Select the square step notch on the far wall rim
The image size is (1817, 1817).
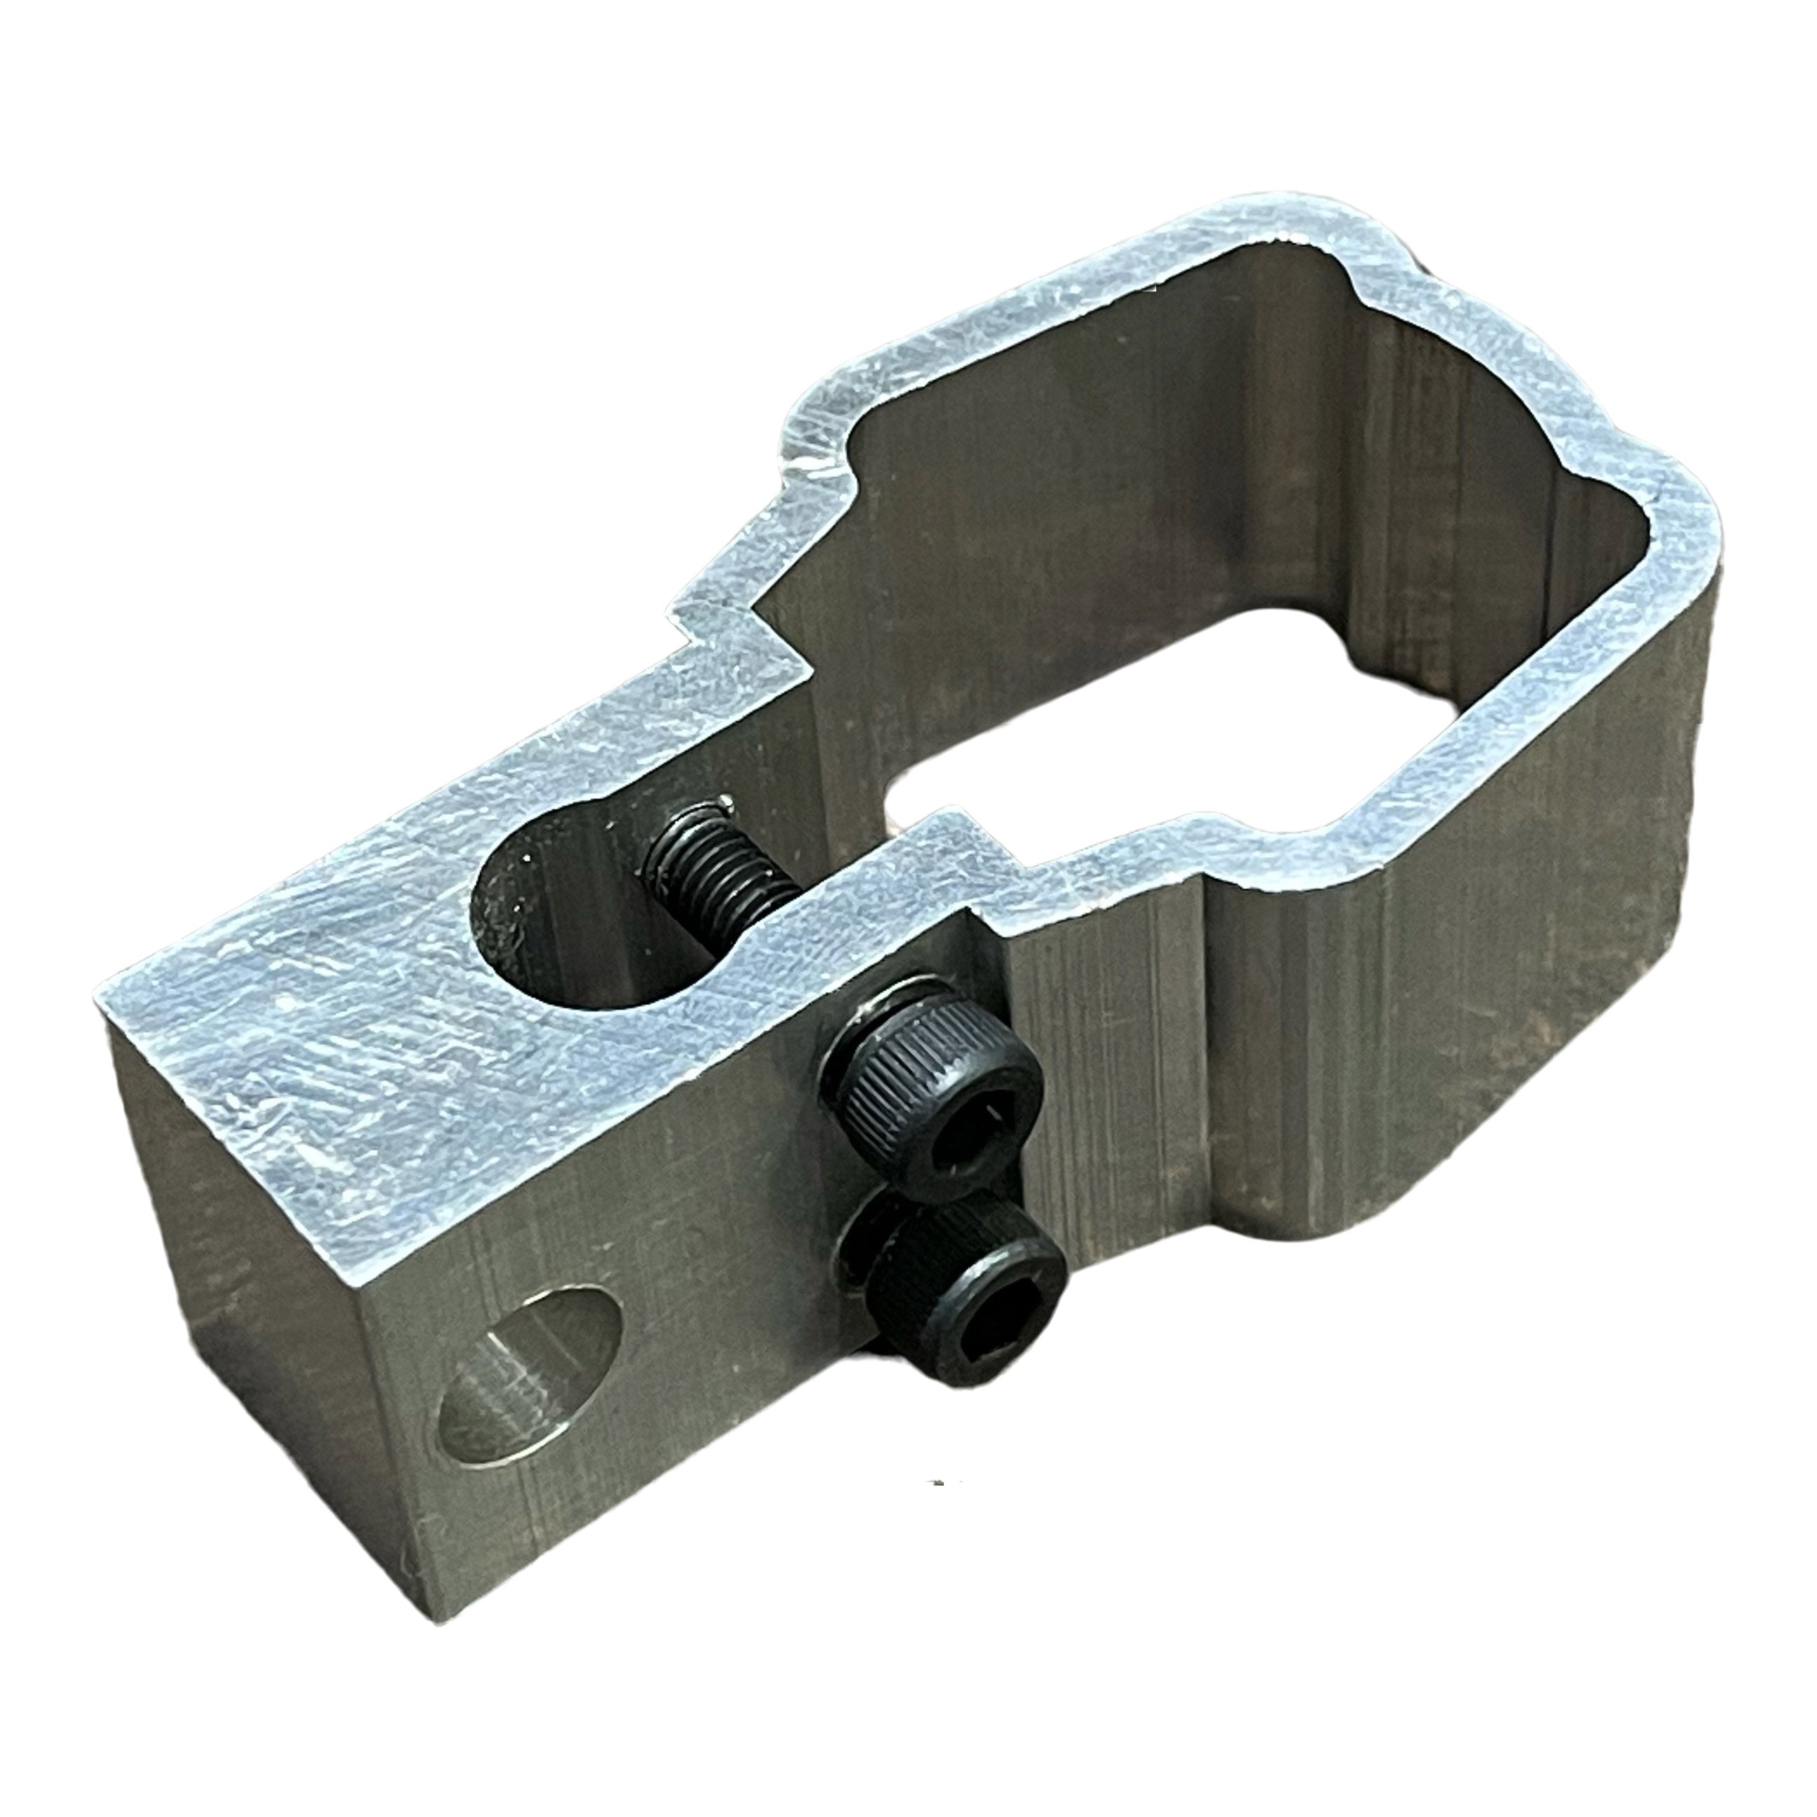pyautogui.click(x=743, y=611)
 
